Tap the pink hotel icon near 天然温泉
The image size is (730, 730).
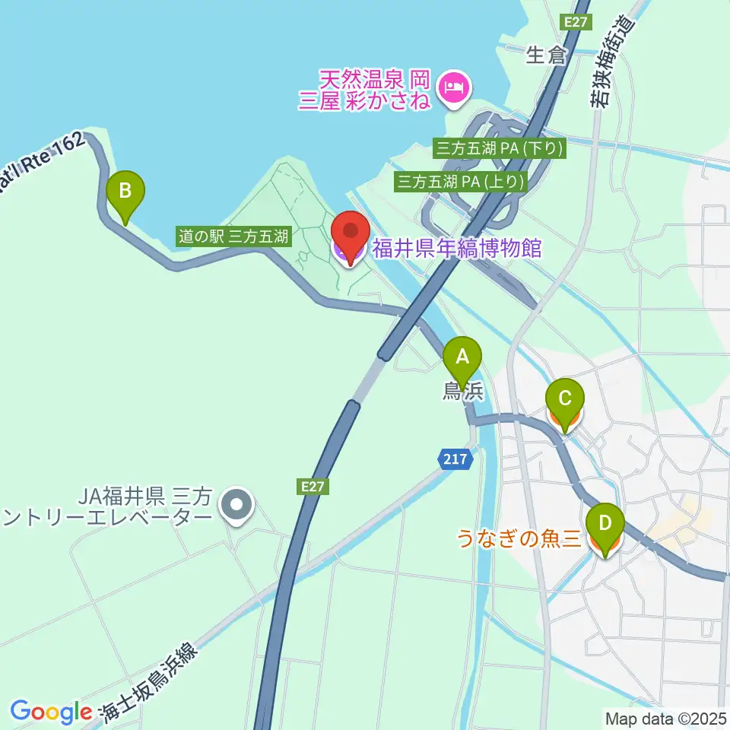pos(455,87)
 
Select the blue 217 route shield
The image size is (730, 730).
pos(456,459)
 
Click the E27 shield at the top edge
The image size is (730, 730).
pos(576,22)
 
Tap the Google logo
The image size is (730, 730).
pos(51,712)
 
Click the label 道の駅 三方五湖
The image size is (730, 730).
pos(233,236)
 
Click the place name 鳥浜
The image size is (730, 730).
pos(463,391)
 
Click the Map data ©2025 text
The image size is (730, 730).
pos(665,717)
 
